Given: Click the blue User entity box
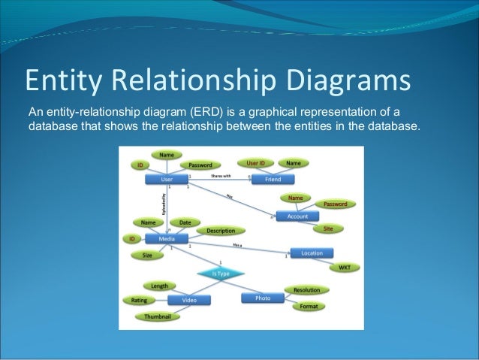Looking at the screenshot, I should (167, 180).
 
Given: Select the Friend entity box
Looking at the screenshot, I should (273, 180).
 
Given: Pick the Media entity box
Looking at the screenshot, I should (167, 239).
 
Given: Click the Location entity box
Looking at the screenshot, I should (312, 253).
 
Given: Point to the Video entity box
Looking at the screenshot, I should (188, 300).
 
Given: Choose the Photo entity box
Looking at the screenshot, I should (263, 298).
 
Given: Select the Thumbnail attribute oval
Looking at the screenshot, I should (158, 316).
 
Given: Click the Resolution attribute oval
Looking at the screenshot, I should (306, 290).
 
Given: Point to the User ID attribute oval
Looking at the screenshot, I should (255, 162).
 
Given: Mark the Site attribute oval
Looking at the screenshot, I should (328, 228).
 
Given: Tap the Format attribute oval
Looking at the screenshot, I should (309, 306).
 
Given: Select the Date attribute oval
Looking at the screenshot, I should (185, 222).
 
